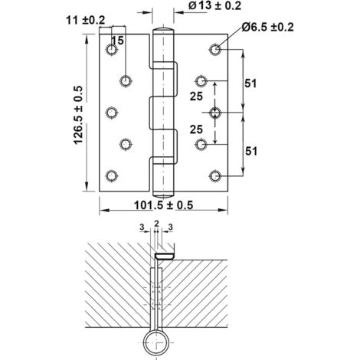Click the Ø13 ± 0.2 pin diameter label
click(214, 5)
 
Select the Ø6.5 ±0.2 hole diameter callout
click(267, 27)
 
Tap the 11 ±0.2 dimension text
click(86, 21)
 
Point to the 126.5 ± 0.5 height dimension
click(78, 115)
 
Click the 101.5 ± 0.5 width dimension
click(163, 205)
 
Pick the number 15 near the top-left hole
click(118, 41)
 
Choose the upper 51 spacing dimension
click(250, 83)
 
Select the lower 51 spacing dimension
click(251, 151)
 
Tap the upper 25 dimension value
click(196, 97)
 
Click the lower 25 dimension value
click(196, 129)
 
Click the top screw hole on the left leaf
click(112, 49)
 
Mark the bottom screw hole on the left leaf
click(112, 176)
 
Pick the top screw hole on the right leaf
click(215, 49)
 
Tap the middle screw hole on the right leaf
click(215, 113)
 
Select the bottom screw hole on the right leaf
click(215, 176)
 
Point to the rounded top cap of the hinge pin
click(163, 29)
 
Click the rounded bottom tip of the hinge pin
click(163, 195)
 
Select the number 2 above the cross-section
click(157, 224)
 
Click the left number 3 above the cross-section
click(142, 227)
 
